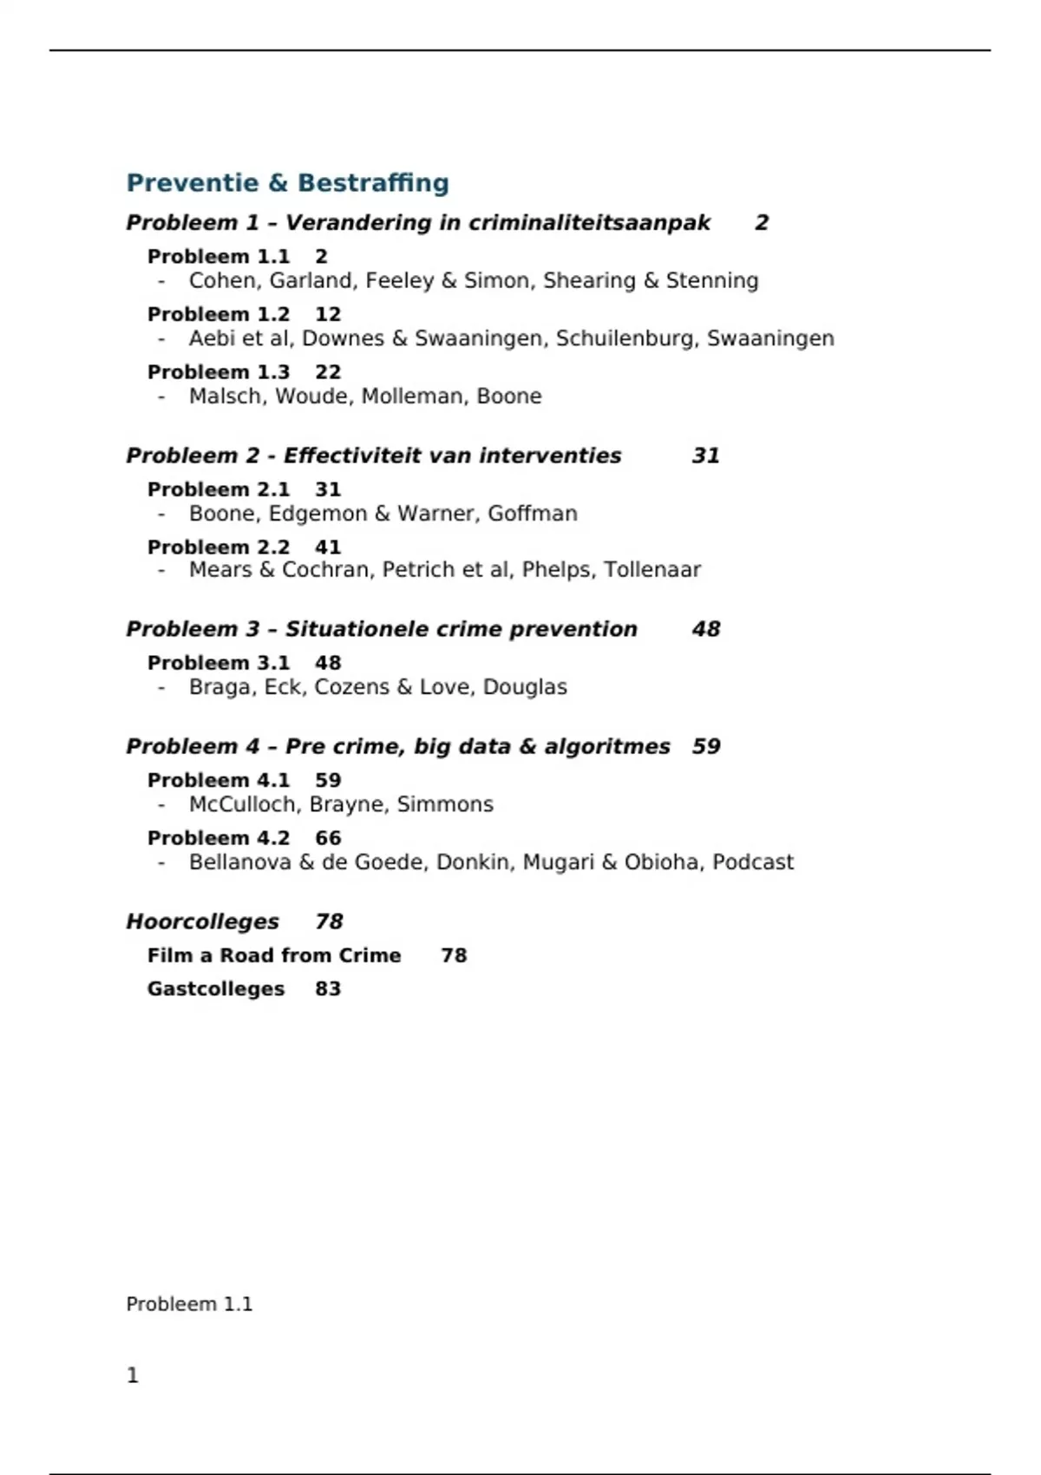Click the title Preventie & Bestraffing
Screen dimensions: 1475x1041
(287, 183)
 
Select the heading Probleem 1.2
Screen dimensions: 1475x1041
(219, 314)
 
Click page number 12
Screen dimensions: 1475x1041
(328, 314)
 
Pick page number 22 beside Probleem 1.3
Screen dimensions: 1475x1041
(328, 372)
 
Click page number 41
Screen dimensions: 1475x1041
(328, 547)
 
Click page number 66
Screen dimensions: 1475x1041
(328, 838)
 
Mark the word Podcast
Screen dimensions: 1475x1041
(752, 862)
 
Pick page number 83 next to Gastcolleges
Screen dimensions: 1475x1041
(328, 989)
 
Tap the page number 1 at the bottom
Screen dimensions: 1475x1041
(133, 1375)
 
